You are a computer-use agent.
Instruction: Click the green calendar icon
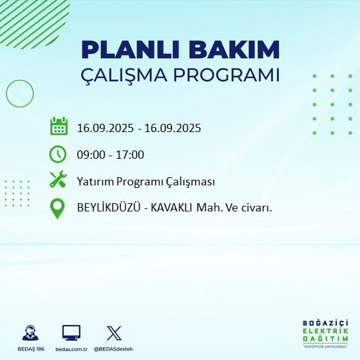[x=59, y=126]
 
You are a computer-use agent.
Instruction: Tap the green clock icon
[x=58, y=154]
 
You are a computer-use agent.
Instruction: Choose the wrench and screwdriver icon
[x=58, y=180]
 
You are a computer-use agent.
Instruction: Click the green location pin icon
[x=58, y=209]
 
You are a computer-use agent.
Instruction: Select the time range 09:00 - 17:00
[x=110, y=155]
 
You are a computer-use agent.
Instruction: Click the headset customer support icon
[x=30, y=333]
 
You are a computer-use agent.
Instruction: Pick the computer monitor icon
[x=70, y=333]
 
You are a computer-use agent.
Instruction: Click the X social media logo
[x=114, y=333]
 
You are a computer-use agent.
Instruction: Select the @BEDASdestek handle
[x=114, y=349]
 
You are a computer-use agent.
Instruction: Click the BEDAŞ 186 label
[x=30, y=349]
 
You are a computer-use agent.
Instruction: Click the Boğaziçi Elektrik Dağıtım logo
[x=325, y=335]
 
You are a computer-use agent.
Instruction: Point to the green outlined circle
[x=20, y=93]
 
